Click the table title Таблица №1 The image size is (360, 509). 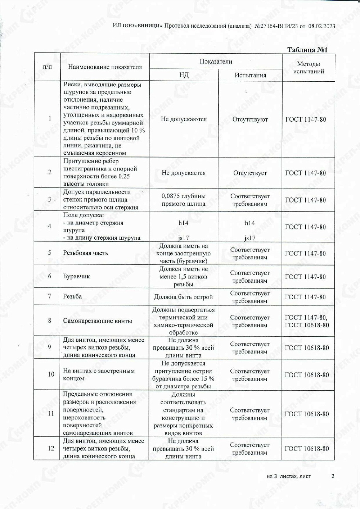point(307,50)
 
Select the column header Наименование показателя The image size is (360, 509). point(105,67)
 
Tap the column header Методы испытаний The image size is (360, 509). point(308,68)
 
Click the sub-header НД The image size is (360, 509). point(184,75)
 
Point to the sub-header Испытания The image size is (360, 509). point(250,75)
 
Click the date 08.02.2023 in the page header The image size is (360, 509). point(321,26)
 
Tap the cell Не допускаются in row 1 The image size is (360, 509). point(184,119)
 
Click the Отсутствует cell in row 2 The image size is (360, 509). point(250,173)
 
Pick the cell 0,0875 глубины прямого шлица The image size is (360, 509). point(184,200)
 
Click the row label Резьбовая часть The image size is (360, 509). point(86,253)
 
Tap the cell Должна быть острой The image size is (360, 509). point(184,297)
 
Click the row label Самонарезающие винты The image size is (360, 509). point(98,321)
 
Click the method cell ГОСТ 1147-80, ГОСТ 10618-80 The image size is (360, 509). point(307,321)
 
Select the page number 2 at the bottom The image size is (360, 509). point(333,476)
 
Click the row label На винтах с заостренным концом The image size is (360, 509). point(99,374)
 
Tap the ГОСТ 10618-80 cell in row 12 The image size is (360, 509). point(307,449)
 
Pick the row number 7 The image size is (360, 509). point(50,296)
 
